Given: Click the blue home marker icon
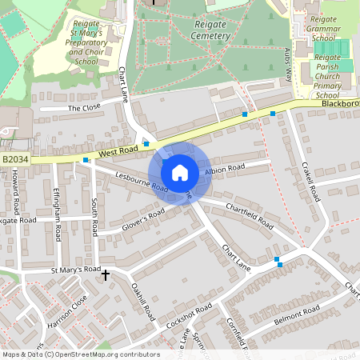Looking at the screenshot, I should (x=180, y=172).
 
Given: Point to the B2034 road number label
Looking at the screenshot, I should (x=15, y=160).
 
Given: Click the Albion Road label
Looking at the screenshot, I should (x=225, y=170).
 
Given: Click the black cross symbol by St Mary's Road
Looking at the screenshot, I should (x=106, y=275).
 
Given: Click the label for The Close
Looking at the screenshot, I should (x=84, y=107).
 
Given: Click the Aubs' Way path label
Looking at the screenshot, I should (x=288, y=60).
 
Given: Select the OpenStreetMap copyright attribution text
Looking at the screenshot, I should (x=80, y=354).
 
